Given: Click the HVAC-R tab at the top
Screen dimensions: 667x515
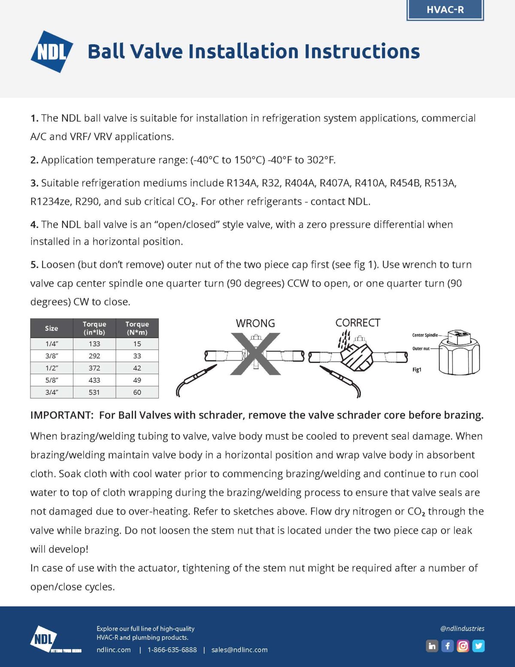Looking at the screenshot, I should (x=445, y=10).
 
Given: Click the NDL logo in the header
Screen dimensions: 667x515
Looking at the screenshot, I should (x=52, y=52).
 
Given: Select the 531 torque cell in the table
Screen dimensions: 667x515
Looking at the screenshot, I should (x=94, y=392).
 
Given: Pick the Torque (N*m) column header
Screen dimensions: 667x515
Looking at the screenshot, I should (x=137, y=328).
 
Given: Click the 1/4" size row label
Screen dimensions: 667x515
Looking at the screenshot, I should (x=51, y=344).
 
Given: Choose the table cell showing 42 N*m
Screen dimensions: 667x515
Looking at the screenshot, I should (x=137, y=368).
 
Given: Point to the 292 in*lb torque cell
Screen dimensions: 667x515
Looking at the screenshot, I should (x=94, y=356).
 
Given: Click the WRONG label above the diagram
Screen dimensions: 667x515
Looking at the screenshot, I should (x=255, y=323).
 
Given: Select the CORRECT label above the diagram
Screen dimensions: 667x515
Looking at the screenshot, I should (x=357, y=323).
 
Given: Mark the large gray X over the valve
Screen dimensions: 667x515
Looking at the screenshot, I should (x=255, y=353).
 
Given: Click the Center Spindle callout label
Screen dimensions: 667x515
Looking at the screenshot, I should (x=425, y=335).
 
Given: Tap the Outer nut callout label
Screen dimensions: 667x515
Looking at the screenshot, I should (x=421, y=348).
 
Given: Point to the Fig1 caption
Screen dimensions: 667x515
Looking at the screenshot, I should (x=417, y=369).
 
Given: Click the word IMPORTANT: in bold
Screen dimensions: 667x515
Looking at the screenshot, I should (x=61, y=415).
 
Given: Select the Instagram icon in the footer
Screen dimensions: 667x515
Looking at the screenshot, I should (x=463, y=646).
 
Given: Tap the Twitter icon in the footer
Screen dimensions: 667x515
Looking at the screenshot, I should (x=479, y=646).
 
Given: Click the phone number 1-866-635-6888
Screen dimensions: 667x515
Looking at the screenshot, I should (x=172, y=650).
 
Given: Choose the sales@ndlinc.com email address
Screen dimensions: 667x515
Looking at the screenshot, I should (x=239, y=650).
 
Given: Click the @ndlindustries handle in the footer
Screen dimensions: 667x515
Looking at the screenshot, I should (x=462, y=628).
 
